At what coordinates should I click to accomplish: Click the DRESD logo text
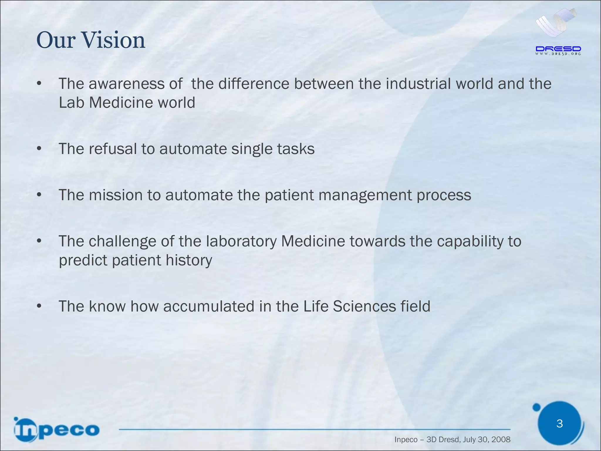click(x=558, y=49)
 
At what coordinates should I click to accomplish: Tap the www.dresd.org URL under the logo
click(x=558, y=54)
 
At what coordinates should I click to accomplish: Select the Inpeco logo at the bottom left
click(x=56, y=430)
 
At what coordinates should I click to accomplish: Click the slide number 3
click(x=559, y=423)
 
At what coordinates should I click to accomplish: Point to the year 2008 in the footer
click(x=501, y=440)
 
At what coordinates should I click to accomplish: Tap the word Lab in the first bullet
click(x=71, y=103)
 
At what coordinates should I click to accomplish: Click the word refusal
click(x=113, y=149)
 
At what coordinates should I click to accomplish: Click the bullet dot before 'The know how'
click(x=39, y=307)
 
